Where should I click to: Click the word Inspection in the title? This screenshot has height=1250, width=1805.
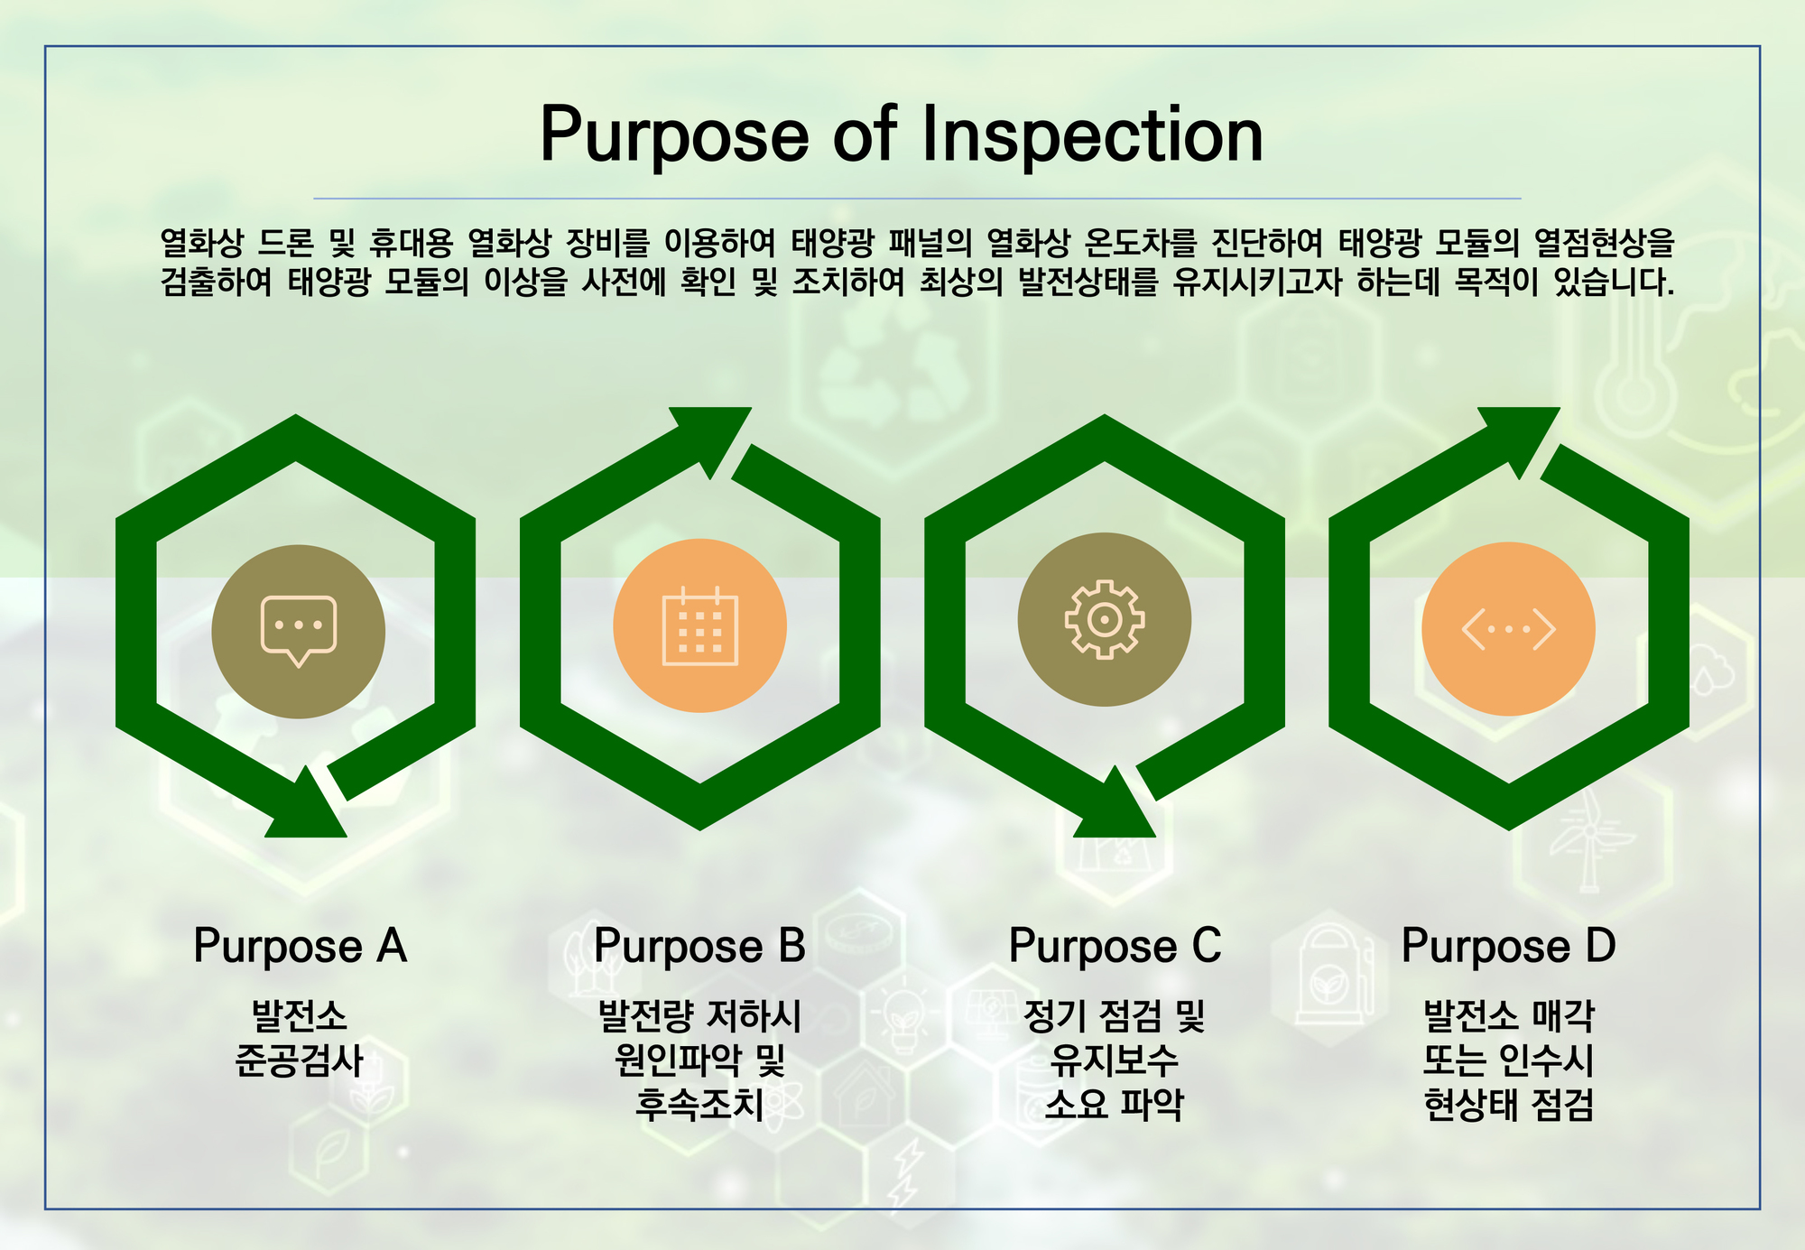(x=1092, y=135)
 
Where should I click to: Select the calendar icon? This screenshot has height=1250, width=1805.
(x=700, y=625)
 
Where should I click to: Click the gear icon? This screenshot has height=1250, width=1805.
(x=1105, y=619)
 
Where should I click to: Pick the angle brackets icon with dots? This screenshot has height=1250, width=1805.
(x=1509, y=629)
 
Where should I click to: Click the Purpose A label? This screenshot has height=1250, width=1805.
(x=301, y=947)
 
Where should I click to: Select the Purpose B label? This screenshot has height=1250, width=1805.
(x=699, y=947)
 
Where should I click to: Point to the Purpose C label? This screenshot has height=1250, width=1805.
(x=1115, y=947)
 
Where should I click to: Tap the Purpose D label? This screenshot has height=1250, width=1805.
(x=1508, y=947)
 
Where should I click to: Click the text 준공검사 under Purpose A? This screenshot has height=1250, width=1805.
(x=299, y=1060)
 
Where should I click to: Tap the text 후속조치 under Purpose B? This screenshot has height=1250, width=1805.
(x=699, y=1104)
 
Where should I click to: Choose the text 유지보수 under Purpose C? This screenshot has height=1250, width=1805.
(x=1115, y=1060)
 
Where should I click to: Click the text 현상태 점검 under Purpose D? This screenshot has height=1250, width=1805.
(x=1508, y=1104)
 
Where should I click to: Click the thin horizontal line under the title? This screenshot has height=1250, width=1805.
(x=917, y=198)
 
